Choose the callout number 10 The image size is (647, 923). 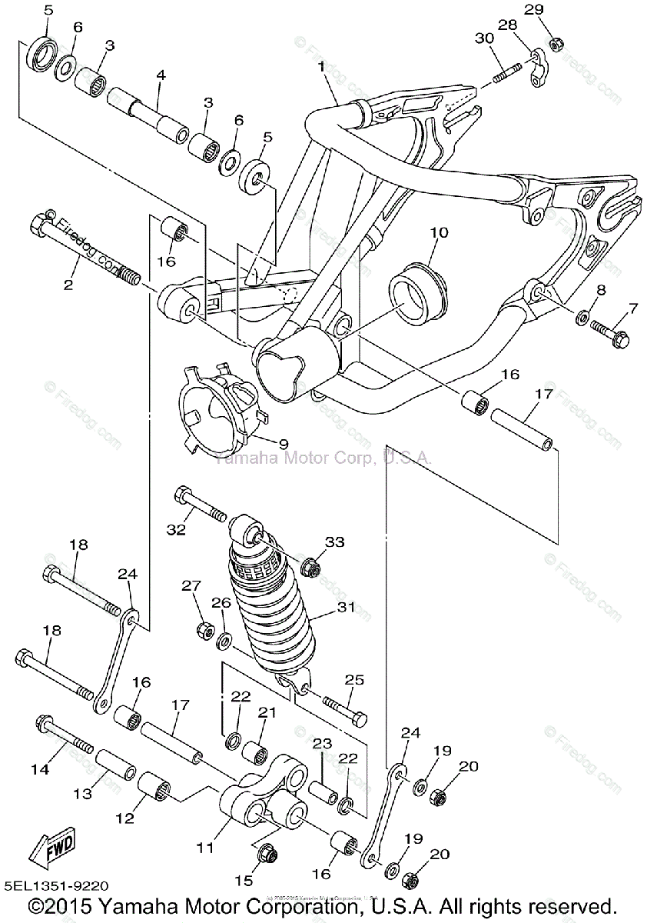tap(438, 232)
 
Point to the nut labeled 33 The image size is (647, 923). tap(311, 568)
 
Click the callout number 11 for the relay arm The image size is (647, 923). tap(204, 848)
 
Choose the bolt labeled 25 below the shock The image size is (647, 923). tap(343, 708)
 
